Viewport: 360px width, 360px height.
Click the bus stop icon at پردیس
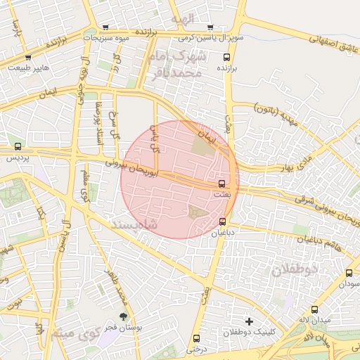(x=18, y=147)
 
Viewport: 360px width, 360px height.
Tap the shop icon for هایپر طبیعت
(x=28, y=57)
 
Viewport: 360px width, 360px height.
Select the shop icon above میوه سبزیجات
(x=105, y=27)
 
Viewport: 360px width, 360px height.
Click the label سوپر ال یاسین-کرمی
(x=210, y=38)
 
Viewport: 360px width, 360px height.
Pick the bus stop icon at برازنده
(x=226, y=57)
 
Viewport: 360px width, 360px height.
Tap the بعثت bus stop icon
(x=222, y=183)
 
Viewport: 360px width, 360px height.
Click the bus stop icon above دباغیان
(x=223, y=221)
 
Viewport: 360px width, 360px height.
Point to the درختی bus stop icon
(x=196, y=338)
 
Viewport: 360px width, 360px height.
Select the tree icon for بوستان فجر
(x=124, y=317)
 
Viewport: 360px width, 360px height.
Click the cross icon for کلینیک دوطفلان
(x=247, y=321)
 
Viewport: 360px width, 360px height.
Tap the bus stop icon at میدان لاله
(x=314, y=309)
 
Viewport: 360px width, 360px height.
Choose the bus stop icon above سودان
(x=349, y=273)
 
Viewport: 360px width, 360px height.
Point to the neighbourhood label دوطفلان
(x=295, y=269)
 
